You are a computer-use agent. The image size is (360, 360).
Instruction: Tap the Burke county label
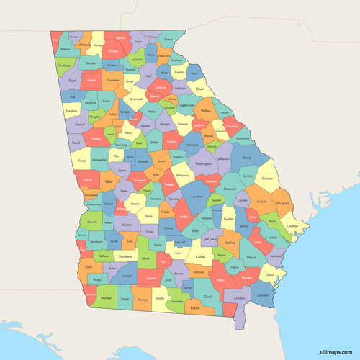pos(247,157)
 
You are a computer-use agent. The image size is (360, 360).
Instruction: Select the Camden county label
pos(263,295)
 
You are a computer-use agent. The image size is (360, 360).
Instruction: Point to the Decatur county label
pos(107,297)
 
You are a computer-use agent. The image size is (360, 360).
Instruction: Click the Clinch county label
pos(208,296)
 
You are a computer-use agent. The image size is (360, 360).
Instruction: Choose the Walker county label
pos(67,49)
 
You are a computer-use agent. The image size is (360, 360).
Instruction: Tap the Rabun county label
pos(168,40)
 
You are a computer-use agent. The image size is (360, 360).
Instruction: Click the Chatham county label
pos(292,226)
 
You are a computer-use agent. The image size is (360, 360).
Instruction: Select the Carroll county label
pos(80,124)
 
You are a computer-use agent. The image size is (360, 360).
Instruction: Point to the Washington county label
pos(204,164)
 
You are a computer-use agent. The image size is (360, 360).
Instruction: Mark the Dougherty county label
pos(125,256)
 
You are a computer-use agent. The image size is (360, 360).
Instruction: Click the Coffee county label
pos(201,256)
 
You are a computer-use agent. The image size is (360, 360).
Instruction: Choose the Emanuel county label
pos(230,189)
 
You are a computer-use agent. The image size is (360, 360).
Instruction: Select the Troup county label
pos(81,161)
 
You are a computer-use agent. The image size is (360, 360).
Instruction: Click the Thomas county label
pos(143,298)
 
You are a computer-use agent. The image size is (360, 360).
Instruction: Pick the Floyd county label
pos(72,81)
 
